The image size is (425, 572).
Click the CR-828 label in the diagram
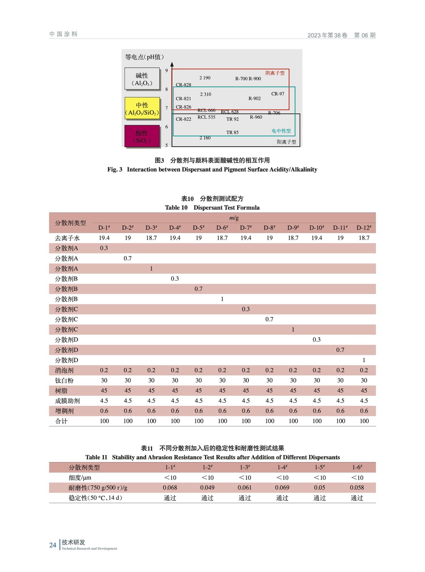183,85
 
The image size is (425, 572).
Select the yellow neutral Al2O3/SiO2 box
142,108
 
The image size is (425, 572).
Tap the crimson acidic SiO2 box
142,136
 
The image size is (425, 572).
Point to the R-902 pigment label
255,98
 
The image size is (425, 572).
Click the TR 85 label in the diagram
232,132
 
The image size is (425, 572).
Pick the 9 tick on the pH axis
166,70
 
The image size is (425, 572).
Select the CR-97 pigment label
277,94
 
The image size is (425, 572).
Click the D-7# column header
246,227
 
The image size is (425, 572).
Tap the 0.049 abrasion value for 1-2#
207,487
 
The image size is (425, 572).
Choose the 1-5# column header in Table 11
319,467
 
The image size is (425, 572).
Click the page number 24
53,545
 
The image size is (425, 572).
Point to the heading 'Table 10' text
176,207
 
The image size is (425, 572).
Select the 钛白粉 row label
64,380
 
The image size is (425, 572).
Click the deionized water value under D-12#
364,238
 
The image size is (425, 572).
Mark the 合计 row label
61,421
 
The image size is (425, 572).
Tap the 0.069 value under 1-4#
282,487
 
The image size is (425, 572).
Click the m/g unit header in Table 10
234,218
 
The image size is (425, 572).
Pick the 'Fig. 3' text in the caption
115,169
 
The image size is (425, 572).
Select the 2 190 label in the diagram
205,78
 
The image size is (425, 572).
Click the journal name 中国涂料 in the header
63,34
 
